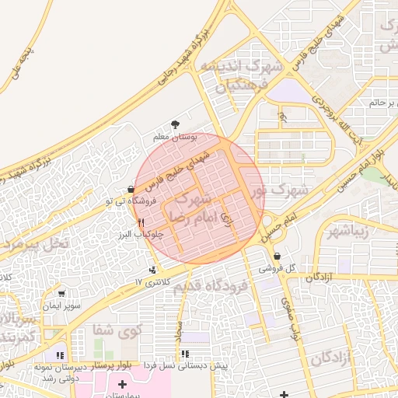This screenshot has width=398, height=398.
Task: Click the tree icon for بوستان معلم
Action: click(175, 125)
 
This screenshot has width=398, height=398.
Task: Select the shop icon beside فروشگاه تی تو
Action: click(131, 190)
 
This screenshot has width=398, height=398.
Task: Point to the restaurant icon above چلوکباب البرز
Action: click(141, 222)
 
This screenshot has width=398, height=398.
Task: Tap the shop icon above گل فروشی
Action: click(278, 257)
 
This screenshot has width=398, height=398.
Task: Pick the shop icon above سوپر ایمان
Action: click(62, 294)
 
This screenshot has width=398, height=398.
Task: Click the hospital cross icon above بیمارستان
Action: click(122, 385)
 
